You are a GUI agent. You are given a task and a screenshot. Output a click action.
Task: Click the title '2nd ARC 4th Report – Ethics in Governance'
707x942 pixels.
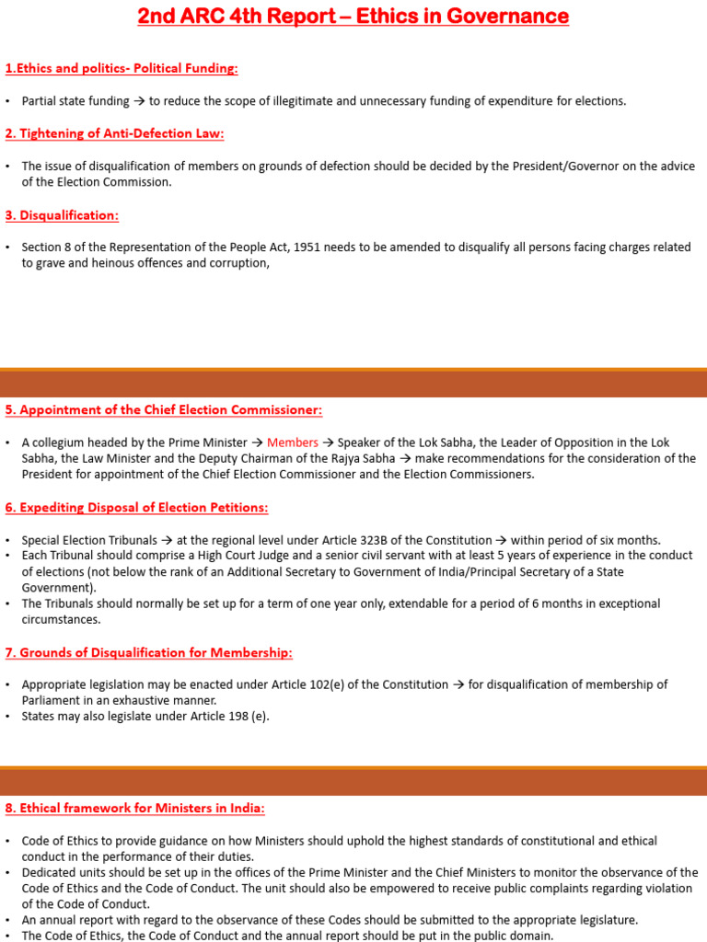pyautogui.click(x=353, y=17)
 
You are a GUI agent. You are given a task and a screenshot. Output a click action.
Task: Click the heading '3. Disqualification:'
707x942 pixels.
pyautogui.click(x=62, y=215)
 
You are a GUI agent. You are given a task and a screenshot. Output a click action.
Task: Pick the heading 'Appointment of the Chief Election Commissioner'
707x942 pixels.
pyautogui.click(x=164, y=409)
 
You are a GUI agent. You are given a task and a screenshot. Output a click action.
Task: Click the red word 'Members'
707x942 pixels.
pyautogui.click(x=293, y=442)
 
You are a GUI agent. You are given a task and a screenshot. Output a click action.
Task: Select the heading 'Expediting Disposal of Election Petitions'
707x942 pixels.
pyautogui.click(x=137, y=508)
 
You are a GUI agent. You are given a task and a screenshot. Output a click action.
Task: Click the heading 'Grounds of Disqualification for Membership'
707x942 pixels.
pyautogui.click(x=148, y=652)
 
